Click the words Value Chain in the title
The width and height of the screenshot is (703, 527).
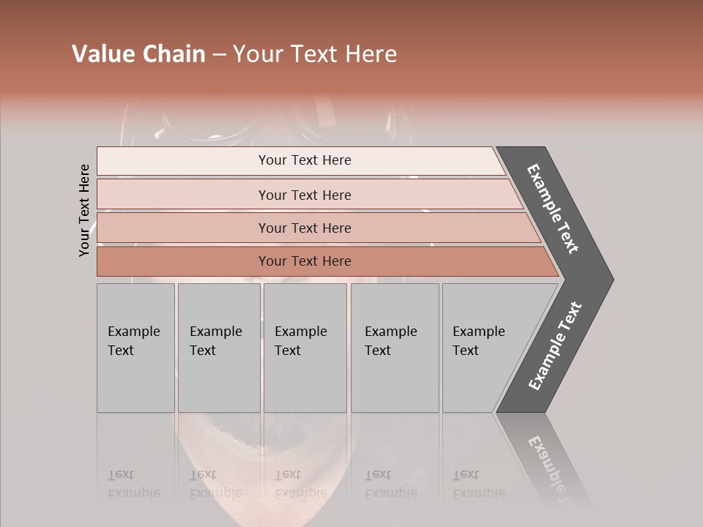[138, 54]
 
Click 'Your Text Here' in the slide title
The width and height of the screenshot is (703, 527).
[315, 54]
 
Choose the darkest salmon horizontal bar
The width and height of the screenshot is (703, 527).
[183, 261]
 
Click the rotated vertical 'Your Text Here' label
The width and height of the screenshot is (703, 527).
[84, 210]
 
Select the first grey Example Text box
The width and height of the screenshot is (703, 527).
[135, 348]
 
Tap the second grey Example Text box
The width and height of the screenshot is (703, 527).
[218, 348]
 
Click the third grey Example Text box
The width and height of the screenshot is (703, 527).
[305, 348]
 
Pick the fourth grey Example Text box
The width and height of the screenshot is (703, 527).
[394, 348]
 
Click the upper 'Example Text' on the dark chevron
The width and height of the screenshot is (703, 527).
[553, 209]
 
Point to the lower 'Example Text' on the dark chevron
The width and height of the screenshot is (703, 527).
[554, 346]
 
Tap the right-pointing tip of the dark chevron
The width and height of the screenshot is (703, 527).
[608, 280]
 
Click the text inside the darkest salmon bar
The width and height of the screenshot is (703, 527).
[305, 261]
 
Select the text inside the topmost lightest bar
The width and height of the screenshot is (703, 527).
[305, 160]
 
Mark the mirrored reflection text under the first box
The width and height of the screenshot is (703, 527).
[133, 485]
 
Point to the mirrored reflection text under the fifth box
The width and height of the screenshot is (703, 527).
[478, 485]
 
